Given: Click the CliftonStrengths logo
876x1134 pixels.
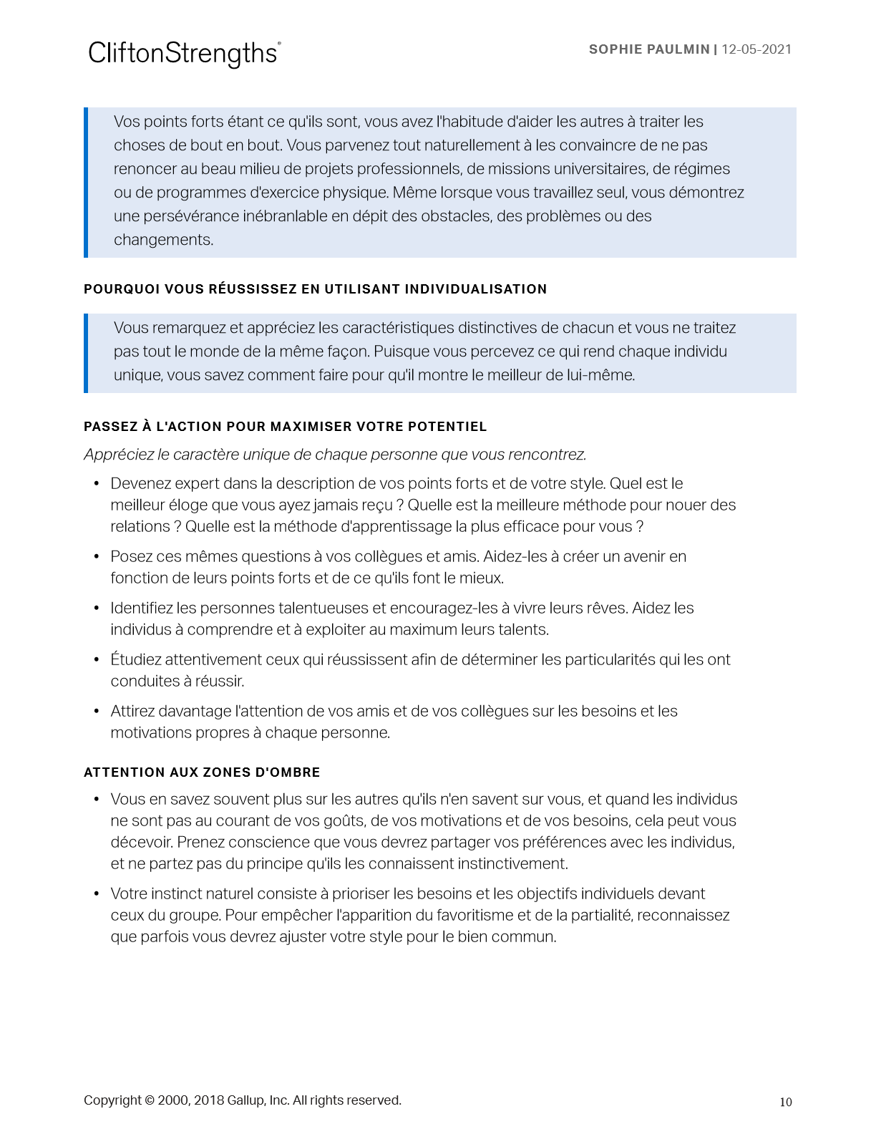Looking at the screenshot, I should coord(184,54).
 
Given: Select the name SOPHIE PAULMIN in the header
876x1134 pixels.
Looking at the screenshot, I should coord(648,49).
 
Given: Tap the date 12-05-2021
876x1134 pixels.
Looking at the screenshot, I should coord(756,49).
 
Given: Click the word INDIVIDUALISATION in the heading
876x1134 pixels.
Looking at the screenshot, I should coord(476,289).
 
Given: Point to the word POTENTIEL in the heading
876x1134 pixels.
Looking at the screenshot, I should coord(447,427).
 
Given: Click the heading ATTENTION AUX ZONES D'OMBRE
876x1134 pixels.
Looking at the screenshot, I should coord(202,772).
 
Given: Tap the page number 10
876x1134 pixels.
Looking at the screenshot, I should coord(786,1102).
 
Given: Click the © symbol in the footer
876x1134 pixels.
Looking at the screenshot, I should coord(150,1100).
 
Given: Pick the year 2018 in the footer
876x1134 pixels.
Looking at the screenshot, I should coord(209,1100).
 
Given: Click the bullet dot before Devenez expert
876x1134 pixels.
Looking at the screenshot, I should coord(97,484).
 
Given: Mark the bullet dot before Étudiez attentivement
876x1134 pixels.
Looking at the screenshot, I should coord(97,660).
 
